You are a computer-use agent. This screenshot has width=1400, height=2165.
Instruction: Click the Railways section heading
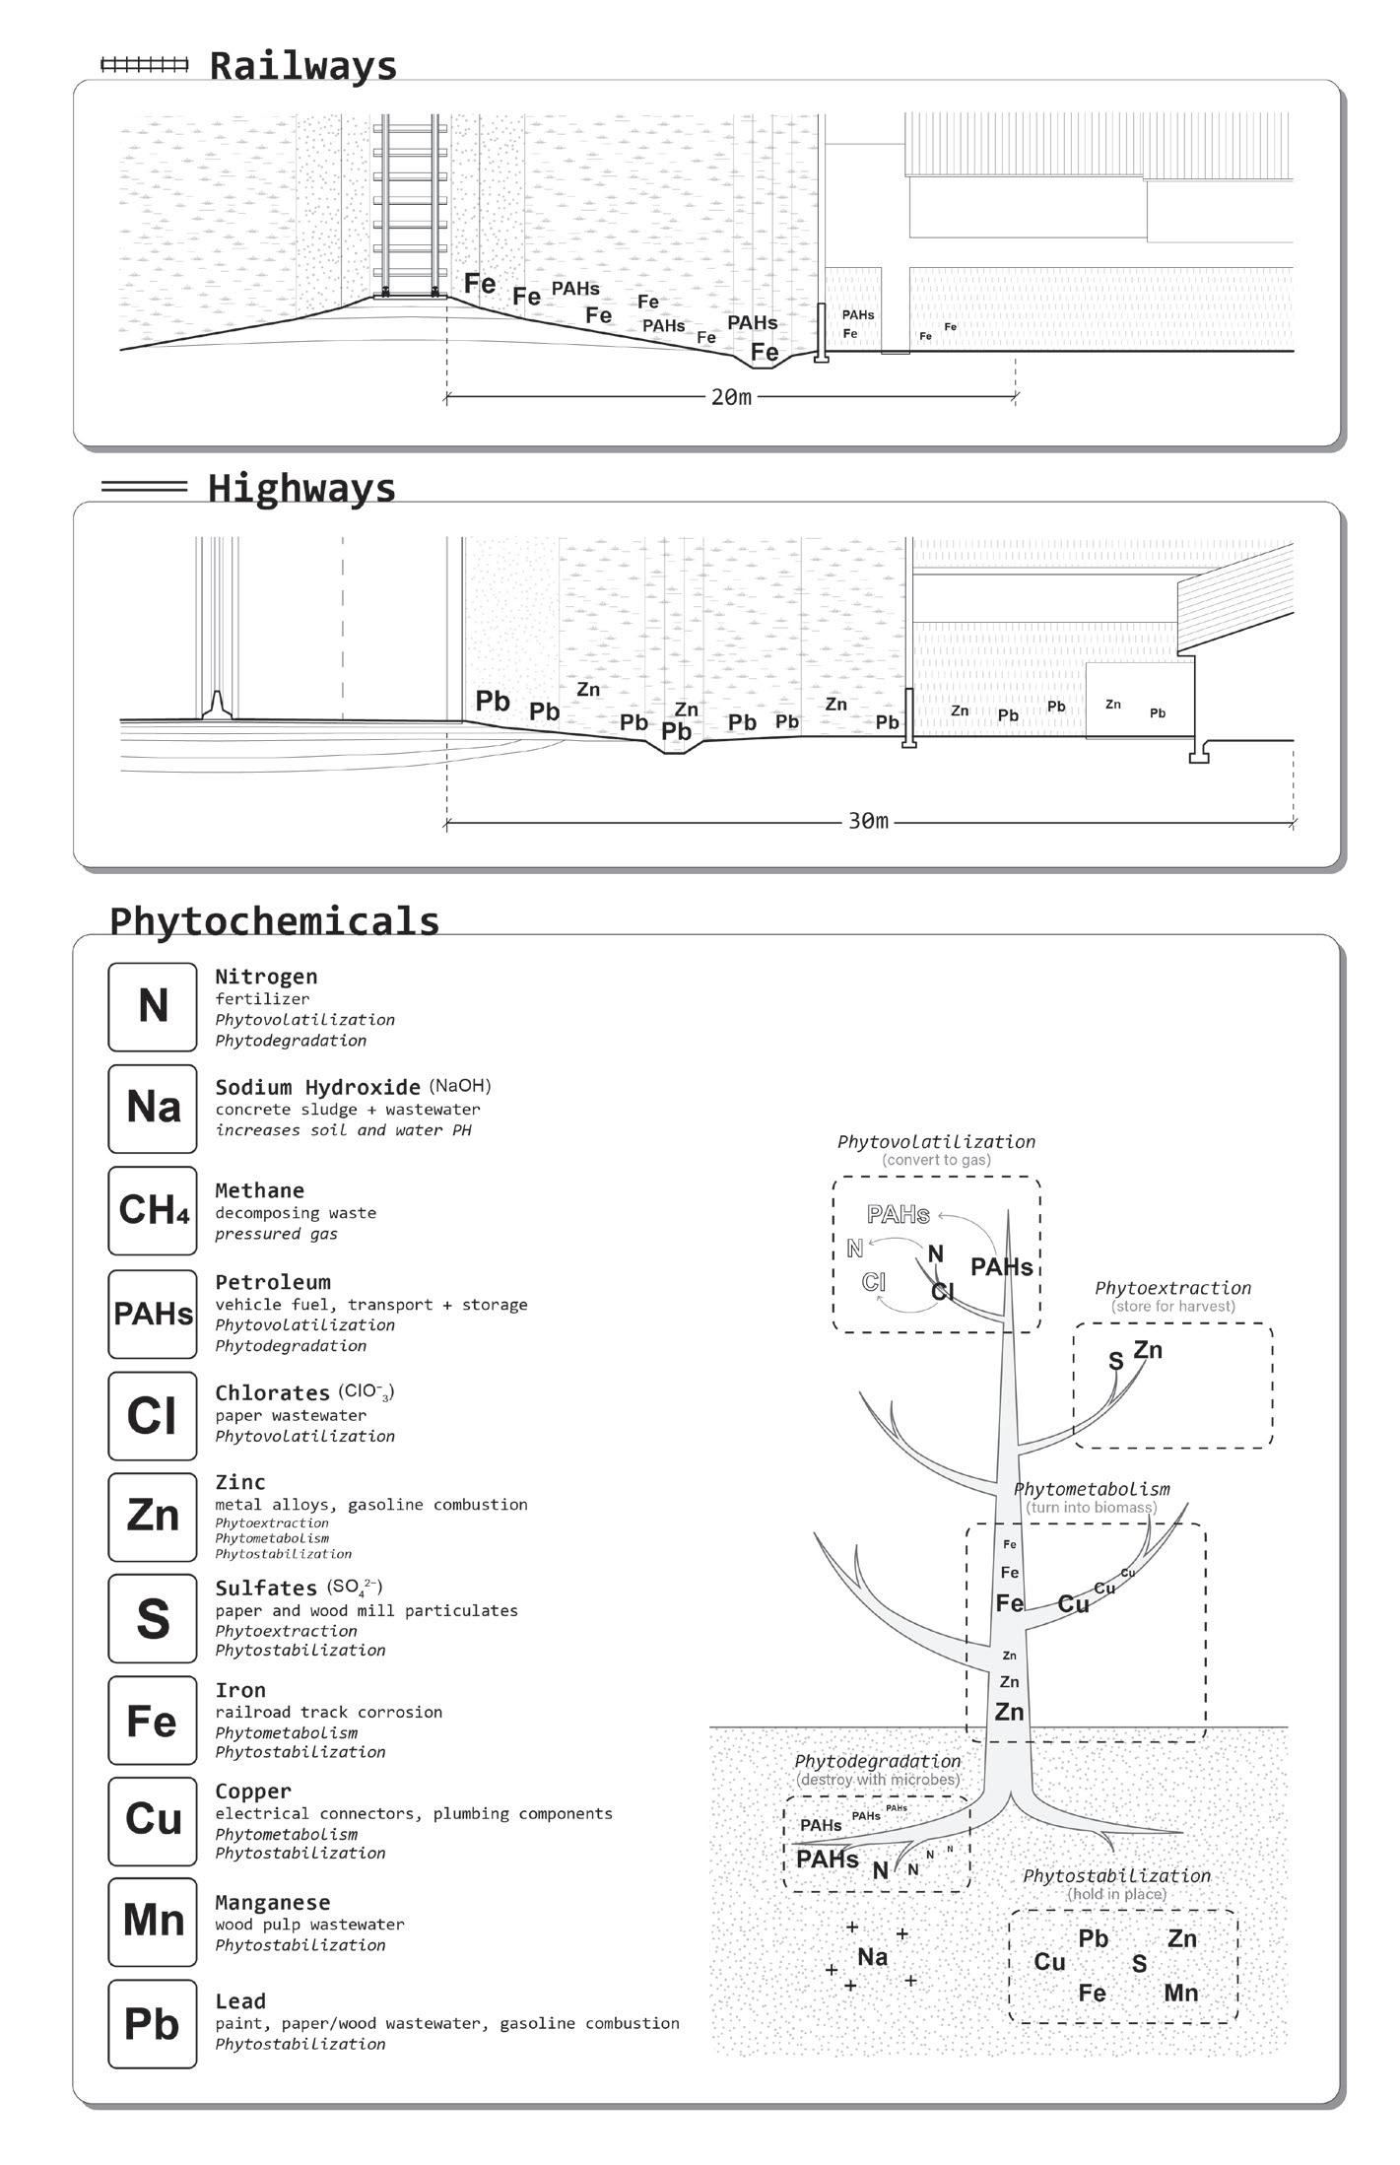point(302,66)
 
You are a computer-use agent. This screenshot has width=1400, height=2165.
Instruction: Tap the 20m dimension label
point(730,397)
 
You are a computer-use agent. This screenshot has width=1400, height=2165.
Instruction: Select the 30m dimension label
point(867,821)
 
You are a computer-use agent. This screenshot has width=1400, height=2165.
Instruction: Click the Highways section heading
point(301,488)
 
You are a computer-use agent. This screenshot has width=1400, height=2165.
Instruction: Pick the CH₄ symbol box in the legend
point(153,1210)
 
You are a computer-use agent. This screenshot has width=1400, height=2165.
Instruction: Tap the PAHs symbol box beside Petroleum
point(153,1313)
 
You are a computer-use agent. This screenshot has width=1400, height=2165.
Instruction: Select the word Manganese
point(273,1902)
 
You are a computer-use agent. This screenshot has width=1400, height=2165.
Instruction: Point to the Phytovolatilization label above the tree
point(936,1142)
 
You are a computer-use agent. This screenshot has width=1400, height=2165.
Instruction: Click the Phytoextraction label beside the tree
point(1172,1288)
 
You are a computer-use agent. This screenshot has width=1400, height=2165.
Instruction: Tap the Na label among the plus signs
point(872,1956)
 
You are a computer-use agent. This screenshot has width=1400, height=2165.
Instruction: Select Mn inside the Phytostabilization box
point(1180,1993)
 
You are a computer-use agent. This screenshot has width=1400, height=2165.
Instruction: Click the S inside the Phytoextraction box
point(1115,1361)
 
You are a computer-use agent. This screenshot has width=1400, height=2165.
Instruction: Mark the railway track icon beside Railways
point(144,65)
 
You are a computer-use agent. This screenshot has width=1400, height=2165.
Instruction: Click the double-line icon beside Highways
point(144,486)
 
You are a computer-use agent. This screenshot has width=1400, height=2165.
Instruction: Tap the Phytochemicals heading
point(274,920)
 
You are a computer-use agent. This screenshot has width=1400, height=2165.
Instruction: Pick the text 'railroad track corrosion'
point(328,1712)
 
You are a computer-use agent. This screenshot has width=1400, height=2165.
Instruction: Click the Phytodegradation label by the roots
point(877,1761)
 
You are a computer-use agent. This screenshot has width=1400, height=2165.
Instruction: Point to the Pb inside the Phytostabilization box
point(1093,1938)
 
